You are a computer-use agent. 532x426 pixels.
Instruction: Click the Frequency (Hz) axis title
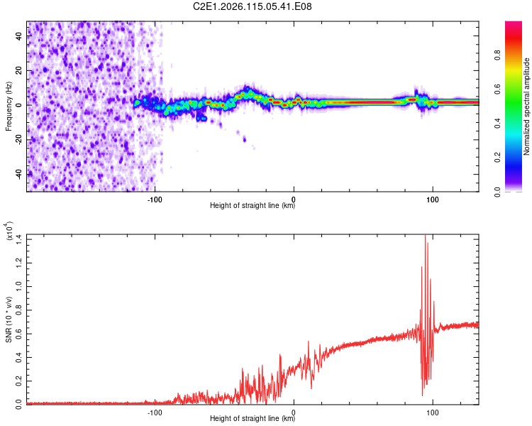tap(8, 106)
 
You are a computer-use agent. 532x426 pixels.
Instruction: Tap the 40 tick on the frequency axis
tap(19, 37)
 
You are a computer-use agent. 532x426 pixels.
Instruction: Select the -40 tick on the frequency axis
tap(19, 173)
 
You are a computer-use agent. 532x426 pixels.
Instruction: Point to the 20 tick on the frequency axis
tap(19, 71)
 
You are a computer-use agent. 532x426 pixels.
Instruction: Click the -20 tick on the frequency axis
tap(19, 139)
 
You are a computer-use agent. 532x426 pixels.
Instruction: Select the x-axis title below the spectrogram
tap(253, 206)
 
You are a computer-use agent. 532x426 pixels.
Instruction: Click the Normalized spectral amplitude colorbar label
tap(526, 106)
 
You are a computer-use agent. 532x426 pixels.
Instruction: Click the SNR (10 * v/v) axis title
tap(9, 319)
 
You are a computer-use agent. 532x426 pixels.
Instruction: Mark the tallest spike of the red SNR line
tap(425, 236)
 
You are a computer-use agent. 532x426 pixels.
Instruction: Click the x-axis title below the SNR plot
tap(253, 419)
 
